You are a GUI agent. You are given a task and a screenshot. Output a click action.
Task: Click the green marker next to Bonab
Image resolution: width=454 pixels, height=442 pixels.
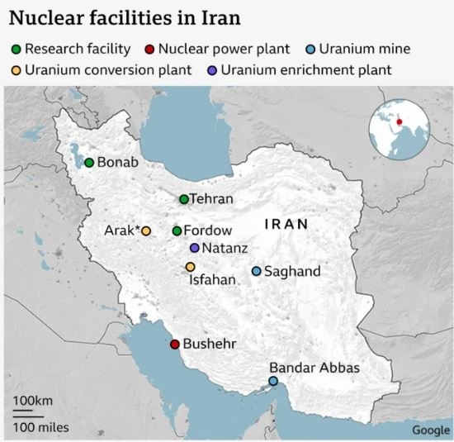coord(89,162)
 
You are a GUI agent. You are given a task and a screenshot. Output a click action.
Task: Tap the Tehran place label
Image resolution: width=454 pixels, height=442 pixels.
coord(211,199)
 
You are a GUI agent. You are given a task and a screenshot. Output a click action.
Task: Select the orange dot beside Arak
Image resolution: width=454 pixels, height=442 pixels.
coord(146,231)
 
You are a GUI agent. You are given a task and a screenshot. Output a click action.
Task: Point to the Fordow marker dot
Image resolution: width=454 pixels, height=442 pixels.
coord(177,231)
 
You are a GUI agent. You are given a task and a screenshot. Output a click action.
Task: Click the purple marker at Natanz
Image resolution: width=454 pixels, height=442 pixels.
coord(194,248)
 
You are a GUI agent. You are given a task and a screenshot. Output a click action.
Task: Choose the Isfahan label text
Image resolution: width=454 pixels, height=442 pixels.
coord(213,280)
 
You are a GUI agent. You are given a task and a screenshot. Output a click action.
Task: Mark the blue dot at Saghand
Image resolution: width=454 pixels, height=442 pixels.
coord(256,272)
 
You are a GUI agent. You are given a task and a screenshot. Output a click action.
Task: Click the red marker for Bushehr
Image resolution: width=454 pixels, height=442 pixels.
coord(174,345)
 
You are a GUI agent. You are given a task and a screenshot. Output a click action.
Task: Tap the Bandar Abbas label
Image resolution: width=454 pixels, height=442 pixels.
coord(314,368)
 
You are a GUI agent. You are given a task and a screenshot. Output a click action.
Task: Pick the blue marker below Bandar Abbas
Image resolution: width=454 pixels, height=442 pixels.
coord(273,381)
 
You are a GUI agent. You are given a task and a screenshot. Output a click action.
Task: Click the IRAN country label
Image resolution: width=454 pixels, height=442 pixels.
coord(286,224)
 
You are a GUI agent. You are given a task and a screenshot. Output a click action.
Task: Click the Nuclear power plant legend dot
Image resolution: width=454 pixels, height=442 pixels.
coord(149,49)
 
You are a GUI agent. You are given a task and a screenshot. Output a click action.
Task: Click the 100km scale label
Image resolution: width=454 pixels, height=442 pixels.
coord(32,402)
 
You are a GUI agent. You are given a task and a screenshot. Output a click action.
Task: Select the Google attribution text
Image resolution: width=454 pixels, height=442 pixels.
coord(431,430)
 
